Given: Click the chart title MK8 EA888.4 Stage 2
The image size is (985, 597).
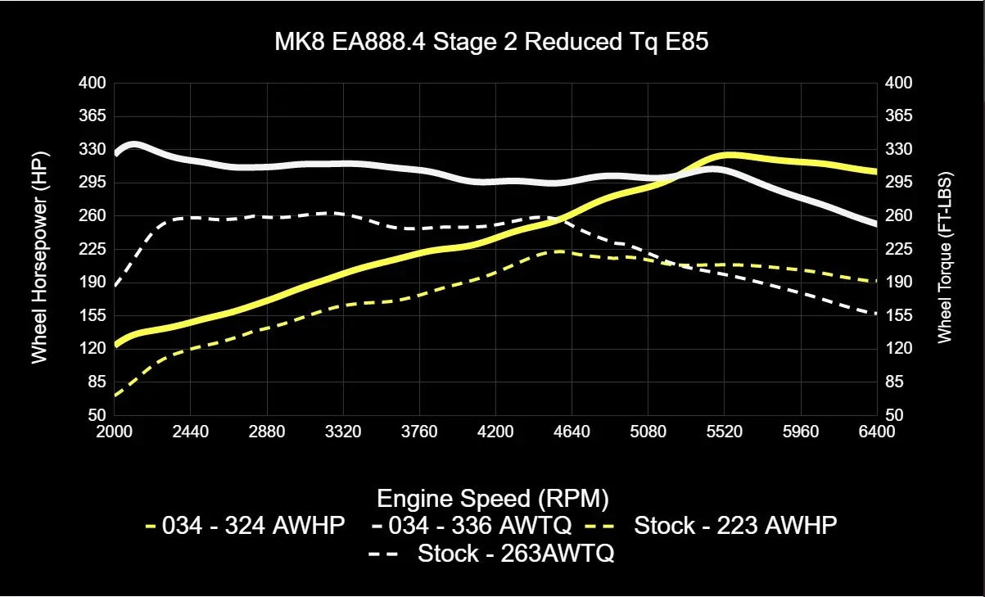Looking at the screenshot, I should pyautogui.click(x=491, y=43).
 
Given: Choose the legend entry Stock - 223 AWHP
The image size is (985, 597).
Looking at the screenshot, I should pyautogui.click(x=735, y=526).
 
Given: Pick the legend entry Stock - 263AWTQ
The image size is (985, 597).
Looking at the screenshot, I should pyautogui.click(x=516, y=554).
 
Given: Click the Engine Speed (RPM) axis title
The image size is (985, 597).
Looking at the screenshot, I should pyautogui.click(x=491, y=498).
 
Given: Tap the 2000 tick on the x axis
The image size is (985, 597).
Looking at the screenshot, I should pyautogui.click(x=114, y=432).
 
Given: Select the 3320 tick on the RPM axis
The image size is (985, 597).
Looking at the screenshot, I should pyautogui.click(x=343, y=432).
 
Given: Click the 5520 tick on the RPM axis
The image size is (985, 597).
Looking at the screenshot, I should pyautogui.click(x=725, y=432).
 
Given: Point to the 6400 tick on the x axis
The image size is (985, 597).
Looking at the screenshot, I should pyautogui.click(x=877, y=432).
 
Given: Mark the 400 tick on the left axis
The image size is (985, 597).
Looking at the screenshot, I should pyautogui.click(x=93, y=83).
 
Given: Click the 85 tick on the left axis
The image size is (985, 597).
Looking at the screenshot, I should pyautogui.click(x=96, y=382).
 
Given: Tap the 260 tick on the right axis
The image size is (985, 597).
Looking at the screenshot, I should pyautogui.click(x=898, y=215).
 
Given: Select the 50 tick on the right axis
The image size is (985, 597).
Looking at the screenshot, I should pyautogui.click(x=895, y=415).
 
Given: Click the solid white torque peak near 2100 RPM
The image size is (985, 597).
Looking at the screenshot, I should pyautogui.click(x=133, y=144).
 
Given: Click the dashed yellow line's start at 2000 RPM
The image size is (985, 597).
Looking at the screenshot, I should pyautogui.click(x=115, y=396).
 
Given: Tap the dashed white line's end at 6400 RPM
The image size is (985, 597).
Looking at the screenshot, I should pyautogui.click(x=876, y=314).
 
